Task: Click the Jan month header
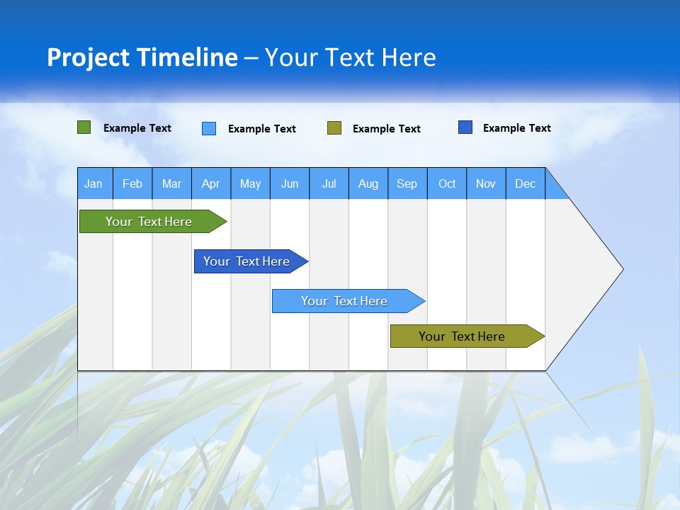pos(94,183)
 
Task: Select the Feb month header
pos(132,183)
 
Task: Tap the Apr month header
pos(210,183)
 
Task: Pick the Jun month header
pos(289,183)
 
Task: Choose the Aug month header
pos(368,183)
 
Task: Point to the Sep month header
pos(407,183)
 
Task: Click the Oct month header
pos(446,183)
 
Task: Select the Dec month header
pos(525,183)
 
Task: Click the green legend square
pos(84,127)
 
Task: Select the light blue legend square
pos(209,128)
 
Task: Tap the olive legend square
pos(334,128)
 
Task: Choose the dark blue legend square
pos(465,127)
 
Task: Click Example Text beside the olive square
pos(386,129)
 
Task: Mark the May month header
pos(250,183)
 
